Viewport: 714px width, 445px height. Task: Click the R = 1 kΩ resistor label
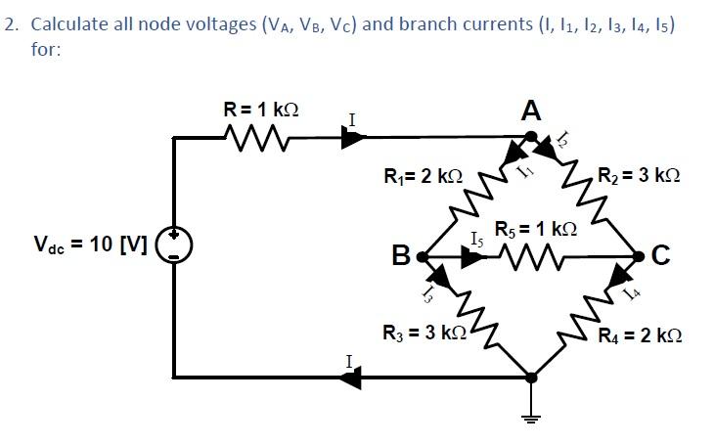click(260, 109)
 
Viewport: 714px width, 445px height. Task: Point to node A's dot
click(530, 137)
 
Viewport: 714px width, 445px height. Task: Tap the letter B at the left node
click(401, 257)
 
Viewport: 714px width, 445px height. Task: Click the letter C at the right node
click(660, 257)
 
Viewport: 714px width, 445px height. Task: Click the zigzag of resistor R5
click(536, 256)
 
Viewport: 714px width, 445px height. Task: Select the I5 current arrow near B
click(472, 257)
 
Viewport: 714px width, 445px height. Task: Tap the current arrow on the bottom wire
click(349, 376)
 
